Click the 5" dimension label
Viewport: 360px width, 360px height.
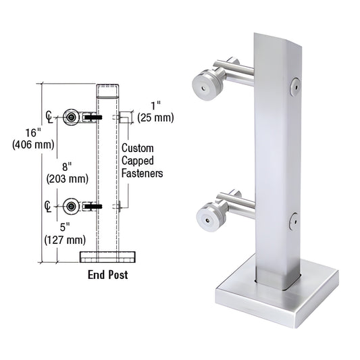pos(65,228)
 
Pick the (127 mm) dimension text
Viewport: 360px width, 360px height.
pos(65,240)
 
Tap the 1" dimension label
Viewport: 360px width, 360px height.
pos(155,105)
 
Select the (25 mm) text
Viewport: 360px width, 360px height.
pos(155,118)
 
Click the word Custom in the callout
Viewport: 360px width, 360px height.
pos(138,149)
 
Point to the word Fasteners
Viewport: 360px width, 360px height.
pos(143,173)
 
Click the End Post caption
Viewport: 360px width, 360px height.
pos(108,275)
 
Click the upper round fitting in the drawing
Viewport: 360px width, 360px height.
pos(71,117)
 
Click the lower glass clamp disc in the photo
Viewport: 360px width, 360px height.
pos(204,215)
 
